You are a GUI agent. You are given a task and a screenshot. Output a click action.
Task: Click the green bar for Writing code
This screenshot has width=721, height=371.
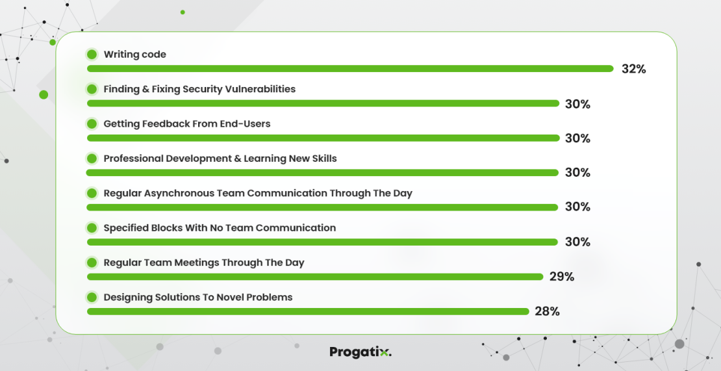coord(350,68)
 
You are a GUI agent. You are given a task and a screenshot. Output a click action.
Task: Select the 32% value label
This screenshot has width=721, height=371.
coord(633,69)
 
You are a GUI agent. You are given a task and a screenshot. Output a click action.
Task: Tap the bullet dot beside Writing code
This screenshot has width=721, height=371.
coord(92,55)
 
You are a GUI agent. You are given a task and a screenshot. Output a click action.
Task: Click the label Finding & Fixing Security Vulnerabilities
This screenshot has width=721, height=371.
coord(199,89)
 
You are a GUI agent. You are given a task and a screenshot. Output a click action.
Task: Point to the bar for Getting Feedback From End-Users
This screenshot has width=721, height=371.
coord(323,138)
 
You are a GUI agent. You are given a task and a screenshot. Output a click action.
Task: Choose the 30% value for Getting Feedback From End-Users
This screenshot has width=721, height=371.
coord(577,138)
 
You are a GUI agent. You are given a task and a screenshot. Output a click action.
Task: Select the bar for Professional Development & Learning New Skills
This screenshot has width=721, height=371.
coord(322,172)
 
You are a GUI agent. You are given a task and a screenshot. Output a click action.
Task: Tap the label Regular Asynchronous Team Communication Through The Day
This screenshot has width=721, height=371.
coord(258,193)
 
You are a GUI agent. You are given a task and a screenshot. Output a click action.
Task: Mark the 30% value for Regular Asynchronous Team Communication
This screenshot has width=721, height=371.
coord(577,207)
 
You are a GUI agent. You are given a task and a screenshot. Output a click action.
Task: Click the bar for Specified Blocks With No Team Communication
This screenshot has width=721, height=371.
coord(322,242)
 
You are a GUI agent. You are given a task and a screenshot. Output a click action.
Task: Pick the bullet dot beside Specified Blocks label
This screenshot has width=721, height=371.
coord(92,228)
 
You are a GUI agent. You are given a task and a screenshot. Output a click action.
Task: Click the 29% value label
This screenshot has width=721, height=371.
coord(562,277)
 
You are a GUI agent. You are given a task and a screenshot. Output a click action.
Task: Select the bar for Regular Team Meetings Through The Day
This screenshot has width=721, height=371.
coord(315,277)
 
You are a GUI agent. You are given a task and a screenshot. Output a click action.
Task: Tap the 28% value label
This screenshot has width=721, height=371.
coord(547,311)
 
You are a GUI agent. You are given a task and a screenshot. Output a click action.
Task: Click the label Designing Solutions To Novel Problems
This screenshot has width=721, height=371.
coord(198,297)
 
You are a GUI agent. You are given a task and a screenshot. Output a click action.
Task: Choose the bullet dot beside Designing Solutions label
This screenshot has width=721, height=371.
coord(92,297)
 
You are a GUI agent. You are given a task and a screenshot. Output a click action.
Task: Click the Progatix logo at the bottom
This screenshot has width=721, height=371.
coord(360,352)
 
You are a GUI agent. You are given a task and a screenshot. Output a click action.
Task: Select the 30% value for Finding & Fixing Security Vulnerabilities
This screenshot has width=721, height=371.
coord(577,104)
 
